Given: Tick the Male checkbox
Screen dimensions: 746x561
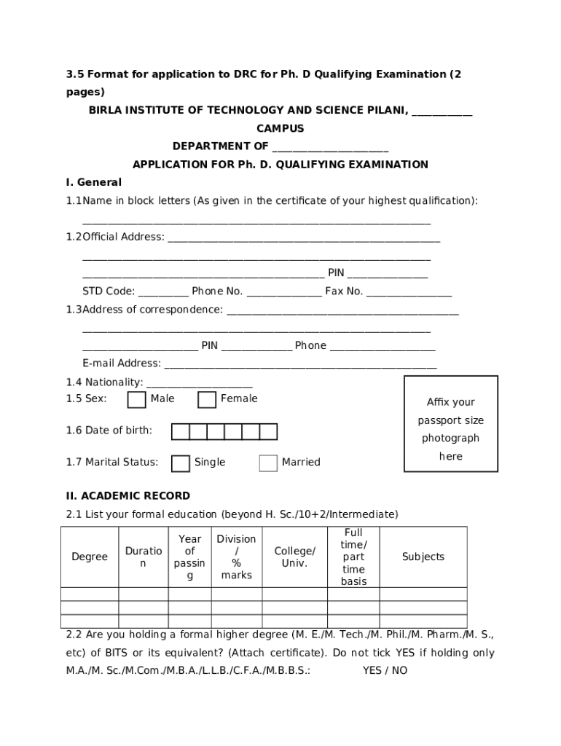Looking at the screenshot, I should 136,400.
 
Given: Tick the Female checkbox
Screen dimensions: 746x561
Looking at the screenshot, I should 207,400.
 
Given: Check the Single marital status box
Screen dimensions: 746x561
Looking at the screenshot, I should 180,463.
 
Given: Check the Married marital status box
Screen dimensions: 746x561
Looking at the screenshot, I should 268,463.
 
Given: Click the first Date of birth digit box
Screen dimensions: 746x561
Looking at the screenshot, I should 180,432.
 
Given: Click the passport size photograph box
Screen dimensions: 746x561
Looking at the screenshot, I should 451,423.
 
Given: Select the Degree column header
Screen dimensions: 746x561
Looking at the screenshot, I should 90,557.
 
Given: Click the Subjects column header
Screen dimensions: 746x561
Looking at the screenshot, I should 423,557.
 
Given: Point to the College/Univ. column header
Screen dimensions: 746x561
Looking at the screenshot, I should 294,557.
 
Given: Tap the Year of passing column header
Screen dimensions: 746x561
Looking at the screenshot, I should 190,557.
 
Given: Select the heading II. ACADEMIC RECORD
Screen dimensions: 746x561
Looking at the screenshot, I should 128,496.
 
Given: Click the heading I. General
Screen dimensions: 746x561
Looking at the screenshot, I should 94,183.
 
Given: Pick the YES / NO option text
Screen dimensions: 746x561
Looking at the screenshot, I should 385,671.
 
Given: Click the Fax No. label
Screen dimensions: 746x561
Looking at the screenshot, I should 344,291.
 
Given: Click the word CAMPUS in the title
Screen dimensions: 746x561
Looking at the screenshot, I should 280,129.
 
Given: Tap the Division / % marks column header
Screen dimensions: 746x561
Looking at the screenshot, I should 236,557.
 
